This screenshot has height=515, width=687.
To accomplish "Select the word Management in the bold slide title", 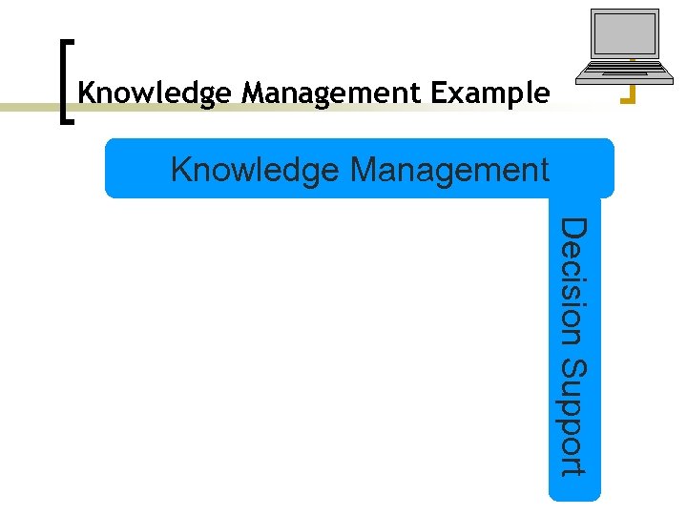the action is [330, 93].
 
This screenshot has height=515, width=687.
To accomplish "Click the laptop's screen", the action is [625, 34].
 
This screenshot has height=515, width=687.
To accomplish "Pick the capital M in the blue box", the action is [364, 169].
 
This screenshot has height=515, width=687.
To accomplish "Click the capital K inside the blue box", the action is [180, 169].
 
